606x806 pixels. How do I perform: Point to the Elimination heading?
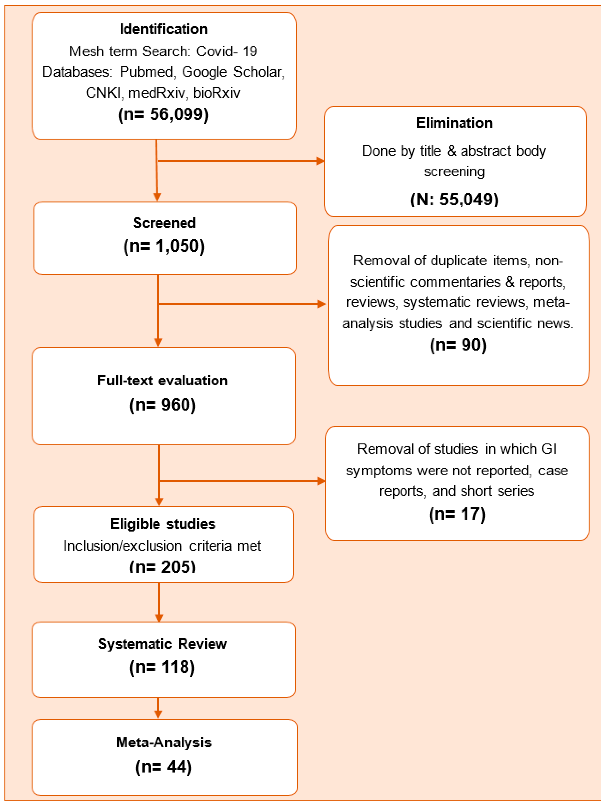[x=454, y=123]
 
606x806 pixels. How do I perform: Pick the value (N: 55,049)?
[x=454, y=199]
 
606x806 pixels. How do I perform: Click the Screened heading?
[x=164, y=223]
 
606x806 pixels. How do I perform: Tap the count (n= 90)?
[x=458, y=345]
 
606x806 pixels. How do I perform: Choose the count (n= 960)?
[x=162, y=405]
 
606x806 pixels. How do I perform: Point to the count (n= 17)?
[x=457, y=514]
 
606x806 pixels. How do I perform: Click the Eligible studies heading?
[x=162, y=524]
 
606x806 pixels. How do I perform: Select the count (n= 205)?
[x=162, y=567]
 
